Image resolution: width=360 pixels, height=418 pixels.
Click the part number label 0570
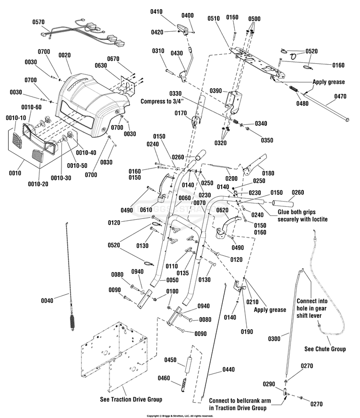(38, 23)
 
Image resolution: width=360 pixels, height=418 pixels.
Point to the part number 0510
(214, 18)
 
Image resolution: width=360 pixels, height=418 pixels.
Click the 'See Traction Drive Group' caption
(131, 399)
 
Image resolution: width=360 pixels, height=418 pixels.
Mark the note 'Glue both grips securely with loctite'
(302, 215)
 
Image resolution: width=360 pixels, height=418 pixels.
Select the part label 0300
(275, 339)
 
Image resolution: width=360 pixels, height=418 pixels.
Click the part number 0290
(269, 384)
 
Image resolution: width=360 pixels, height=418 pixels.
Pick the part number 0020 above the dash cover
(64, 55)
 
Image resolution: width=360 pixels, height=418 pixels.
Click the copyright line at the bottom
(180, 416)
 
